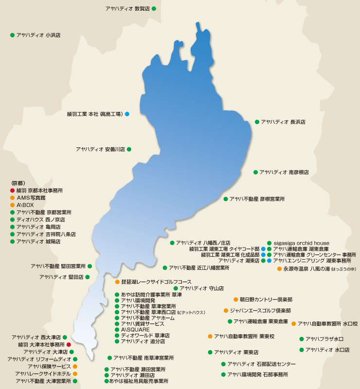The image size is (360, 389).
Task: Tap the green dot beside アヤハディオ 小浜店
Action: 12,35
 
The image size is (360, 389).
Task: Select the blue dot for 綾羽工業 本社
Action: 127,114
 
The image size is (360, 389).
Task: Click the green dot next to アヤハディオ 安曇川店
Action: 129,149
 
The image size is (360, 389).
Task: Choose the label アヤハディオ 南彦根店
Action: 284,172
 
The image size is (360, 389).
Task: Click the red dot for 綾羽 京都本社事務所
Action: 12,191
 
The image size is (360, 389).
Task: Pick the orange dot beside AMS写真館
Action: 12,198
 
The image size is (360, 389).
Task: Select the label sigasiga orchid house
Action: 301,243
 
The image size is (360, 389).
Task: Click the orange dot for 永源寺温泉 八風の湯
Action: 279,268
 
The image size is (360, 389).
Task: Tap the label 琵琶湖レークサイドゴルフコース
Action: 156,282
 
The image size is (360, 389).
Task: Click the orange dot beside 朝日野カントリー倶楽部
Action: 236,300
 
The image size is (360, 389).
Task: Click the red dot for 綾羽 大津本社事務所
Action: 69,344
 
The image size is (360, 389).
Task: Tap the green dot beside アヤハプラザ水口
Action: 302,339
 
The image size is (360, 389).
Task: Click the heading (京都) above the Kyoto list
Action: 18,183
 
